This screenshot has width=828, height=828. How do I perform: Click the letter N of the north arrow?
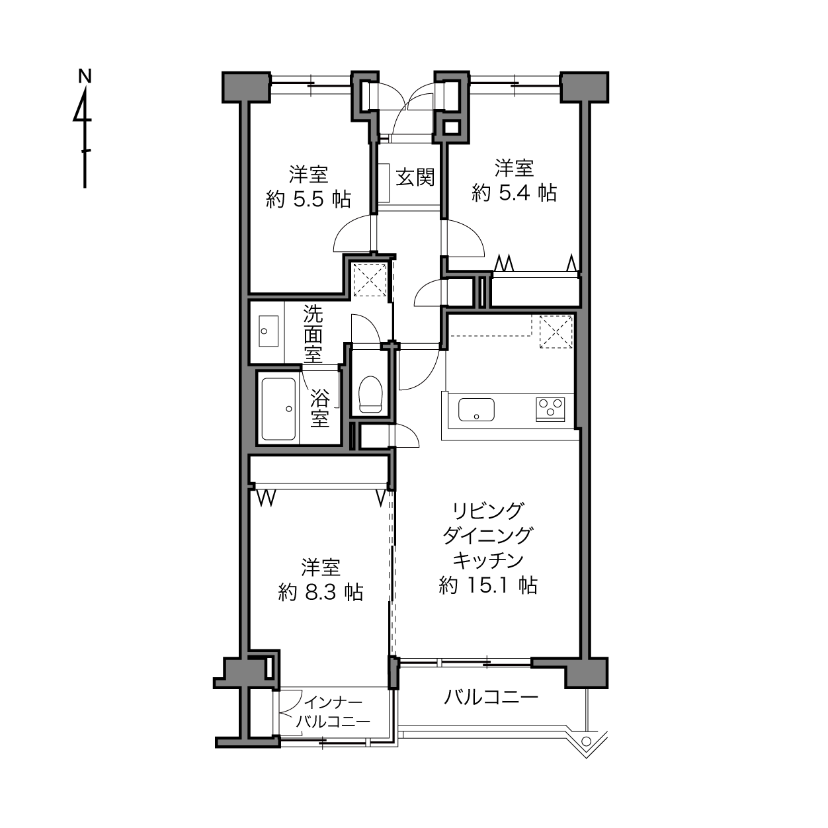click(85, 76)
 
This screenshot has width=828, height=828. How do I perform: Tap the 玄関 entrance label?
click(415, 177)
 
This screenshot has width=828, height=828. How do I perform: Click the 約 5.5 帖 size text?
click(308, 199)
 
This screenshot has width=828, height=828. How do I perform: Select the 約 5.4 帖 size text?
click(514, 192)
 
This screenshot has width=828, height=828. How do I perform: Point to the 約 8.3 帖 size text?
click(321, 592)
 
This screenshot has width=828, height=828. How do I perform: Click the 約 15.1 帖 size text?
click(488, 585)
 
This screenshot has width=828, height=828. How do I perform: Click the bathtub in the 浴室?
click(278, 409)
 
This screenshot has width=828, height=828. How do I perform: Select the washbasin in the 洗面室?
click(269, 331)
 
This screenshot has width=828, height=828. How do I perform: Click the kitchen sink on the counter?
click(476, 409)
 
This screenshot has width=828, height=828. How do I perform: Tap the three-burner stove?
click(550, 409)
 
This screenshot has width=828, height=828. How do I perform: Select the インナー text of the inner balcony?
click(333, 704)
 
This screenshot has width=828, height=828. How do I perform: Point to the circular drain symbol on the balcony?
click(586, 740)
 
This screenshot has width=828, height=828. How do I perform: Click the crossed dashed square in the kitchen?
click(556, 331)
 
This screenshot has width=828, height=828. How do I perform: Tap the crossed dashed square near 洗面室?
click(370, 280)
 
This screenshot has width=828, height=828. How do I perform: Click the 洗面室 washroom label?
click(313, 334)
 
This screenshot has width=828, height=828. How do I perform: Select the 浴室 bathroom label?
click(319, 408)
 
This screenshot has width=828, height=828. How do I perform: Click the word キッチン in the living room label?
click(488, 560)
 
